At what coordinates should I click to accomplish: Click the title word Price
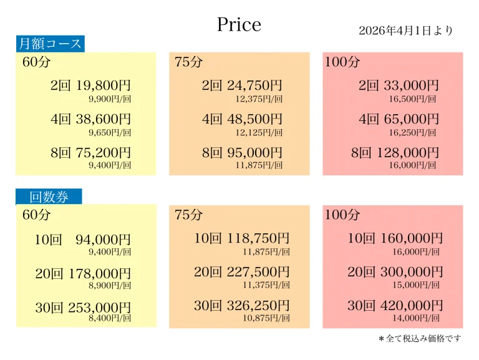click(x=239, y=24)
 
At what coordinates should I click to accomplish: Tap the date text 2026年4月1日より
click(x=405, y=31)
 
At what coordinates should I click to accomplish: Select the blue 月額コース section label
click(x=50, y=44)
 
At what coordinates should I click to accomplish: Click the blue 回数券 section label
click(x=49, y=197)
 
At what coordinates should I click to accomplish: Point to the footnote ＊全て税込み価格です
click(x=420, y=338)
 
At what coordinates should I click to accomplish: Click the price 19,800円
click(x=104, y=85)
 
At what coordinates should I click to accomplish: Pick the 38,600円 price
click(x=104, y=119)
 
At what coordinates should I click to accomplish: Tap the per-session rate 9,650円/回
click(x=110, y=132)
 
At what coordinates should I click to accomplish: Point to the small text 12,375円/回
click(x=259, y=99)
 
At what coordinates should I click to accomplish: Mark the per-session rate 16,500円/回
click(x=412, y=99)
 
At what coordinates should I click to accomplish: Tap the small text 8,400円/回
click(x=110, y=318)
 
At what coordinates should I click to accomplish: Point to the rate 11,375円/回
click(x=266, y=285)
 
